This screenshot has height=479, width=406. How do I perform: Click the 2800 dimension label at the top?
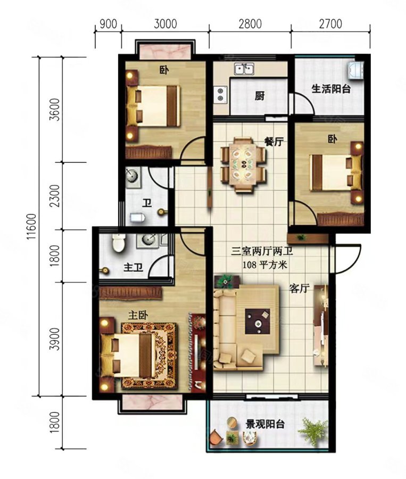click(250, 23)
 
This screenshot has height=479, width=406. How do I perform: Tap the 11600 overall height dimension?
click(32, 226)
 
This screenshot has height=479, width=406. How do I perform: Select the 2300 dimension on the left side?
click(55, 196)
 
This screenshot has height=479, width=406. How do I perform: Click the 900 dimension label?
click(109, 23)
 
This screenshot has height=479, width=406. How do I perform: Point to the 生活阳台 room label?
click(331, 89)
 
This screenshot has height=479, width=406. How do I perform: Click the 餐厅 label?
click(274, 142)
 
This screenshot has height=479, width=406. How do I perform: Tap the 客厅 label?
click(300, 288)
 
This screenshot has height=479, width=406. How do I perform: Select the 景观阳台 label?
click(265, 424)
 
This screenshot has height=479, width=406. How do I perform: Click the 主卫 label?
click(133, 268)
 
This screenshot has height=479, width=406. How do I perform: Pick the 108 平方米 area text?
click(265, 265)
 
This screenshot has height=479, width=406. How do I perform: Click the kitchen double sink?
click(244, 69)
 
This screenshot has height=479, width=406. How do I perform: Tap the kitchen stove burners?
click(220, 94)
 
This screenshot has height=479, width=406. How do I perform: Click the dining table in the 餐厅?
click(243, 164)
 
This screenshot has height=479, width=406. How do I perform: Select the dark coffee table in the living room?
click(258, 321)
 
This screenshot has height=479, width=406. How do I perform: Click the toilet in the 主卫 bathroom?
click(118, 243)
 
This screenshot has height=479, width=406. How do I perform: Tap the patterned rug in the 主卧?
click(149, 356)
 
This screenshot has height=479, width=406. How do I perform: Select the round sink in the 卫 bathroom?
click(132, 177)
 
